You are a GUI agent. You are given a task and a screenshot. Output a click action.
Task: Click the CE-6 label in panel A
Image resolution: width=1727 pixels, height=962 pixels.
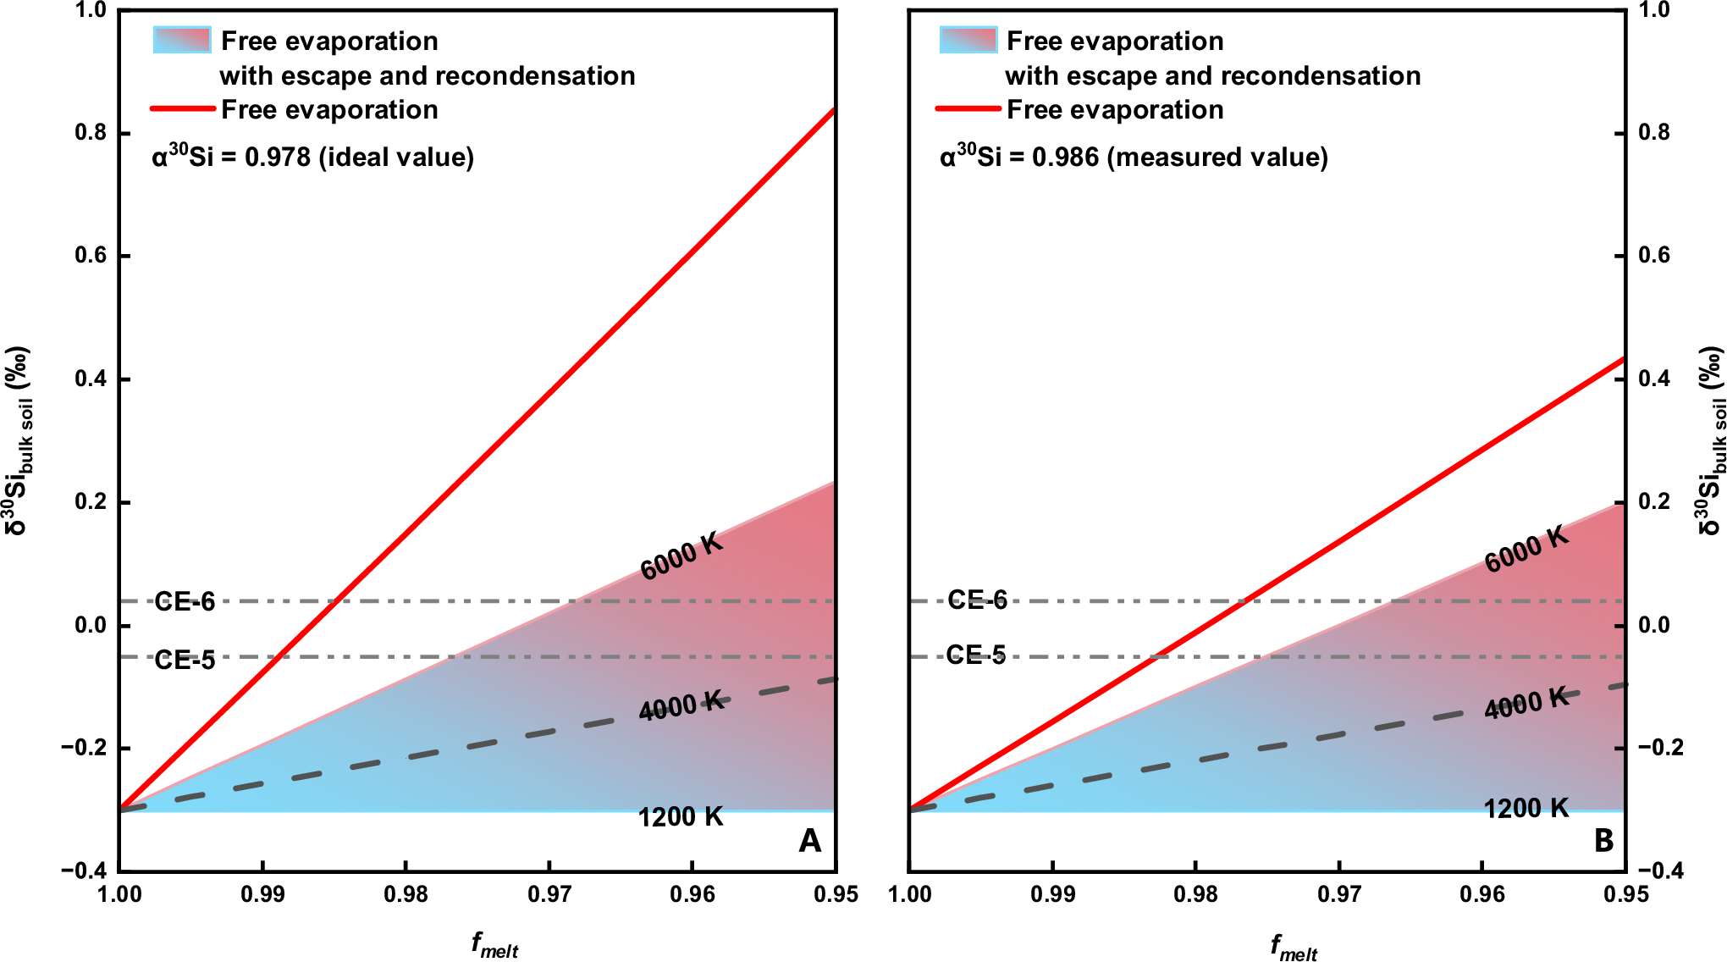pos(185,602)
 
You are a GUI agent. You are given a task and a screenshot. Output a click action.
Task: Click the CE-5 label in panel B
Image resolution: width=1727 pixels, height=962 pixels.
pos(976,655)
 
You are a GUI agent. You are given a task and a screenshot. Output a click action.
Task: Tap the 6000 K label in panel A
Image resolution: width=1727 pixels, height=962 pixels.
pos(681,557)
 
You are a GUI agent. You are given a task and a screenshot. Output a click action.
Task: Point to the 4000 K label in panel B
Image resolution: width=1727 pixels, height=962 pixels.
pos(1526,703)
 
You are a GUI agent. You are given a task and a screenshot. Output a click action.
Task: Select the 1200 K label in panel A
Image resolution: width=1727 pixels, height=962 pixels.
pos(681,817)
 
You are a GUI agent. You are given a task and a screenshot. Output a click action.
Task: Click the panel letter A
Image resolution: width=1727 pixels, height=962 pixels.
pos(809,841)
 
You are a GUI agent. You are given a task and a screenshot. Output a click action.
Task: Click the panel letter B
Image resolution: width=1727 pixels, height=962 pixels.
pos(1603,841)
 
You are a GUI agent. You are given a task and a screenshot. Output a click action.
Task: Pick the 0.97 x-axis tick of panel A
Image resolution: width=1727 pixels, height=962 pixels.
pos(549,894)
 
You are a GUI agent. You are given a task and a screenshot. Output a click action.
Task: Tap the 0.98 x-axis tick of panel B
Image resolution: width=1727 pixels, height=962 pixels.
pos(1195,894)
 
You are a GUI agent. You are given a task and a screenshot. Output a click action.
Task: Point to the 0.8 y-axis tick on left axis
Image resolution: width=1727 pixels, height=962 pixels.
pos(91,133)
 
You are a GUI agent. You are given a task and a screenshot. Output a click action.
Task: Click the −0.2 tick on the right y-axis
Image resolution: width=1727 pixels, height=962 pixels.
pos(1660,748)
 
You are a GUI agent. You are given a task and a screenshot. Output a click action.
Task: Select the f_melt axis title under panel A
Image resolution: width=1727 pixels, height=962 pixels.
pos(494,945)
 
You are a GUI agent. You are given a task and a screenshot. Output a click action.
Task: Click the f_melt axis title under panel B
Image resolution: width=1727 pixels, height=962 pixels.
pos(1294,947)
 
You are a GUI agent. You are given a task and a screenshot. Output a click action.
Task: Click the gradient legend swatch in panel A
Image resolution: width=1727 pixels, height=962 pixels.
pos(182,40)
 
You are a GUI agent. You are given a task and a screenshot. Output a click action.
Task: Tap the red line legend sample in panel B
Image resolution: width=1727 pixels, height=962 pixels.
pos(968,109)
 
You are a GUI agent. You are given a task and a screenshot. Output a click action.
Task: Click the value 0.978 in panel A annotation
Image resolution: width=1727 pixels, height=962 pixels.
pos(278,158)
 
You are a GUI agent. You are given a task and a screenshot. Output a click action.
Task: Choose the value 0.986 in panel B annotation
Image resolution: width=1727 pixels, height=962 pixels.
pos(1065,158)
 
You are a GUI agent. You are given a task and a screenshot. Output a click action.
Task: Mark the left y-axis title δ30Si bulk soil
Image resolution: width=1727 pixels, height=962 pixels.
pos(18,440)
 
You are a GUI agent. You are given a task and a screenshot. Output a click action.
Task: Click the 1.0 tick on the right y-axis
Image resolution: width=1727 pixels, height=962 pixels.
pos(1654,10)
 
